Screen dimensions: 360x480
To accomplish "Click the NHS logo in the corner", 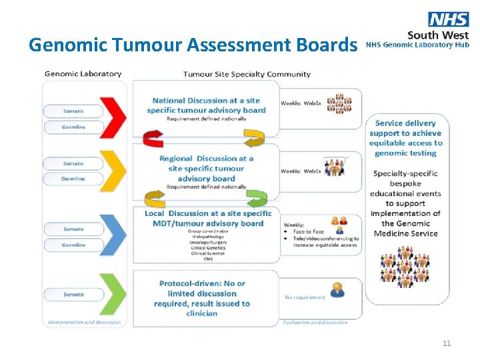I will pyautogui.click(x=448, y=19).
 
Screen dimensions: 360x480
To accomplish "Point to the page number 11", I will pyautogui.click(x=447, y=343).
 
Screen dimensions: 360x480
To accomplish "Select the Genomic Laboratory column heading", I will pyautogui.click(x=83, y=74).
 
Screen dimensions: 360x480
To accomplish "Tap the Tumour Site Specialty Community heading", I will pyautogui.click(x=247, y=74).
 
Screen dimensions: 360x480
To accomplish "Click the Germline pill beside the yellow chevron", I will pyautogui.click(x=73, y=179).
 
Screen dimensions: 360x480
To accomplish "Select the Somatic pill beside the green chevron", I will pyautogui.click(x=73, y=294).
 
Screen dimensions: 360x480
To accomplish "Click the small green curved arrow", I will pyautogui.click(x=255, y=197).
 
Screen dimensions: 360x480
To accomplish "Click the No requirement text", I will pyautogui.click(x=305, y=297).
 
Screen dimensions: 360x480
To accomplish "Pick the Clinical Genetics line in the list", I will pyautogui.click(x=208, y=247).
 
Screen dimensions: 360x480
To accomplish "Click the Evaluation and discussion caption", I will pyautogui.click(x=315, y=323).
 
